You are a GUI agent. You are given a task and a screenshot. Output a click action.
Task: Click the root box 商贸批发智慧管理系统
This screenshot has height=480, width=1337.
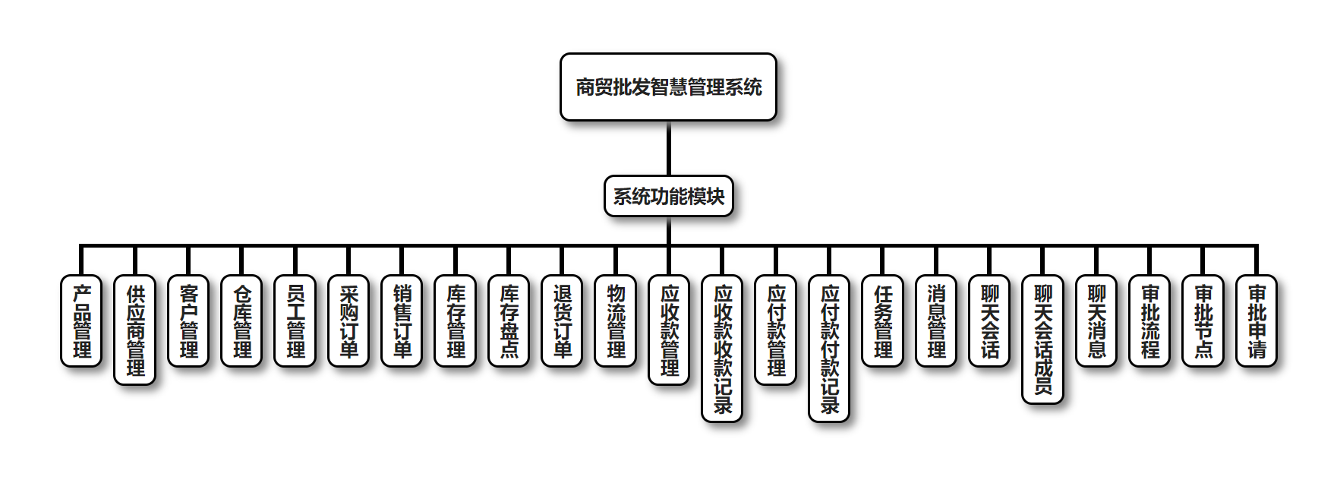tap(668, 87)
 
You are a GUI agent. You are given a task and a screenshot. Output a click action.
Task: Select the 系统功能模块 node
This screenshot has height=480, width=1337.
tap(669, 196)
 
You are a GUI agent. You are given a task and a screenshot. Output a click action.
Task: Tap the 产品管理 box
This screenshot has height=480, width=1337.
tap(81, 321)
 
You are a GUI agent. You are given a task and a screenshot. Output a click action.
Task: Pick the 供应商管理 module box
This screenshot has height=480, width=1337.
tap(135, 330)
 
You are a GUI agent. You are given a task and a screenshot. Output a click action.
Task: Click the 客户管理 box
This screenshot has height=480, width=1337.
tap(188, 321)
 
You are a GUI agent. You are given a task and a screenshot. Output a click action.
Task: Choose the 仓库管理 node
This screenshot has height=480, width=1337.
tap(241, 321)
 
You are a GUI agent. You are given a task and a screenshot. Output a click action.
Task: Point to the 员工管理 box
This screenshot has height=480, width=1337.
tap(295, 321)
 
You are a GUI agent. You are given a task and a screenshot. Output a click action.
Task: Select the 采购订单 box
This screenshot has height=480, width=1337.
tap(348, 321)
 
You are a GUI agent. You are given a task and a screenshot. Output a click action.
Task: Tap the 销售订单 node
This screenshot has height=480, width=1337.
tap(402, 321)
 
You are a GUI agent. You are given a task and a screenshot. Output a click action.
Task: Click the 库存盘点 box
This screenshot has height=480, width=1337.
tap(509, 321)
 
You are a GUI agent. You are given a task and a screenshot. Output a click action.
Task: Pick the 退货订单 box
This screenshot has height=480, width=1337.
tap(562, 321)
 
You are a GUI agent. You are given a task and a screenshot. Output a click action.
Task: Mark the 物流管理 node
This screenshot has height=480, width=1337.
tap(616, 321)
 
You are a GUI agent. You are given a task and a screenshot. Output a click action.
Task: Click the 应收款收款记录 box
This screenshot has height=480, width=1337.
tap(722, 349)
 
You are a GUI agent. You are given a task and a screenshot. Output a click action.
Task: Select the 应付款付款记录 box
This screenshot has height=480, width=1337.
tap(829, 349)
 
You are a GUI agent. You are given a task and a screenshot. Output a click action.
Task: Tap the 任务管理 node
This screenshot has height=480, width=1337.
tap(883, 321)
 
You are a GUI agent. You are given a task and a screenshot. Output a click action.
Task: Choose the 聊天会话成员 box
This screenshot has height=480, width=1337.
tap(1043, 339)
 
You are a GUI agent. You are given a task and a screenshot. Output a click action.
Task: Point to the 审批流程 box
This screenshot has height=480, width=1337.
tap(1149, 321)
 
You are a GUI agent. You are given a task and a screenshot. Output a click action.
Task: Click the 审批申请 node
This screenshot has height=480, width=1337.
tap(1257, 321)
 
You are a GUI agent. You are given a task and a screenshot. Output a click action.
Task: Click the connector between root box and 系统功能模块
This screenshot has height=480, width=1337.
tap(669, 148)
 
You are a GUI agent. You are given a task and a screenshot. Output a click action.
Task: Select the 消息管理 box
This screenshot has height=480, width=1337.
tap(936, 321)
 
